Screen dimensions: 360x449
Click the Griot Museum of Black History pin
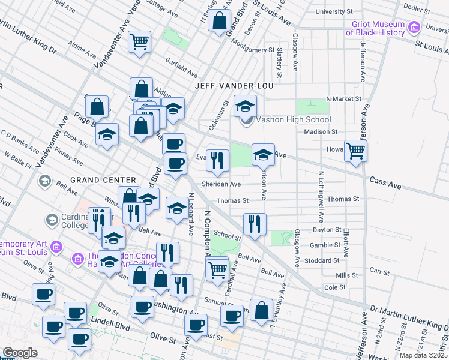pyautogui.click(x=414, y=28)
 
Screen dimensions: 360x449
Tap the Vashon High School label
pyautogui.click(x=294, y=119)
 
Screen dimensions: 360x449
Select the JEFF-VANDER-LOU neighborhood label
pyautogui.click(x=234, y=86)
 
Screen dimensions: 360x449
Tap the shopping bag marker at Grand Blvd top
pyautogui.click(x=220, y=20)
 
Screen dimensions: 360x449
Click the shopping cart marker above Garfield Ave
pyautogui.click(x=140, y=42)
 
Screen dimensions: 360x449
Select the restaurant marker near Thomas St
pyautogui.click(x=255, y=224)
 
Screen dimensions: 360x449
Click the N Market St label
pyautogui.click(x=343, y=98)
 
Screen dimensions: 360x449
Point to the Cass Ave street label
pyautogui.click(x=385, y=179)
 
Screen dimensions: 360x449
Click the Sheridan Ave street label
pyautogui.click(x=221, y=184)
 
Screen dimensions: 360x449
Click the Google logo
pyautogui.click(x=20, y=353)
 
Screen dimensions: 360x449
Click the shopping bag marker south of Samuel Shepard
pyautogui.click(x=261, y=311)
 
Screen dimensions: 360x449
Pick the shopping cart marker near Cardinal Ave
pyautogui.click(x=217, y=269)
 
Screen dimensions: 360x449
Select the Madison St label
pyautogui.click(x=318, y=131)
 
